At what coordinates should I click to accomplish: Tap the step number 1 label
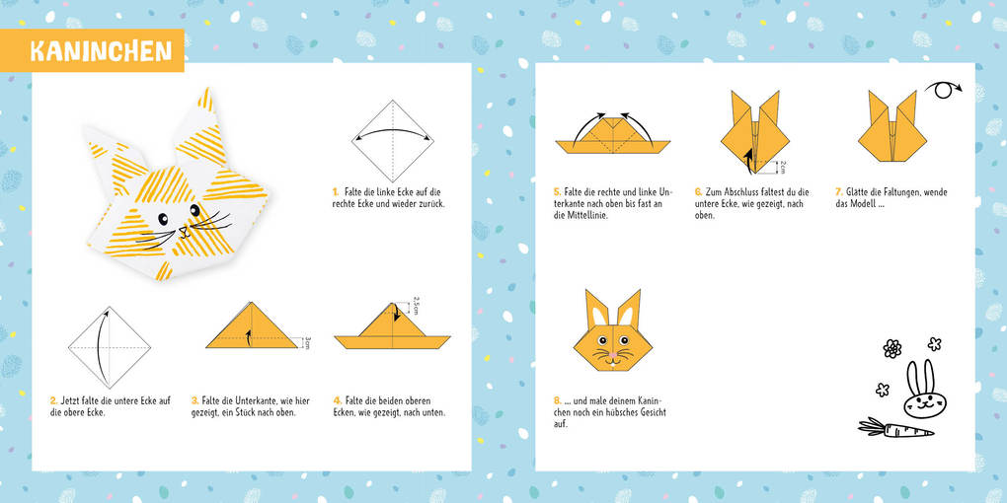(336, 192)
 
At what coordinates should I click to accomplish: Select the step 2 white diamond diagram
(109, 346)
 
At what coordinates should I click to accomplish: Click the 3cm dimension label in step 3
(308, 342)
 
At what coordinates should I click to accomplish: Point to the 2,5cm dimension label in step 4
(417, 306)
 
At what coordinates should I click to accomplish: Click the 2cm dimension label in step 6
(783, 167)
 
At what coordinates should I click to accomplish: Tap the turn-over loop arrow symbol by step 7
(947, 90)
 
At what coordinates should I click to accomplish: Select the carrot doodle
(893, 428)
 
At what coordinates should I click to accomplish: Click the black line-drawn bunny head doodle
(920, 395)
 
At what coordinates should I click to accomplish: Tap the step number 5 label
(557, 192)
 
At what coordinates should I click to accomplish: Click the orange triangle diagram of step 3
(252, 329)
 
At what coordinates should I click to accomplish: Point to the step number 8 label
(557, 400)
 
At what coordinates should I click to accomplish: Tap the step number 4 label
(337, 400)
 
